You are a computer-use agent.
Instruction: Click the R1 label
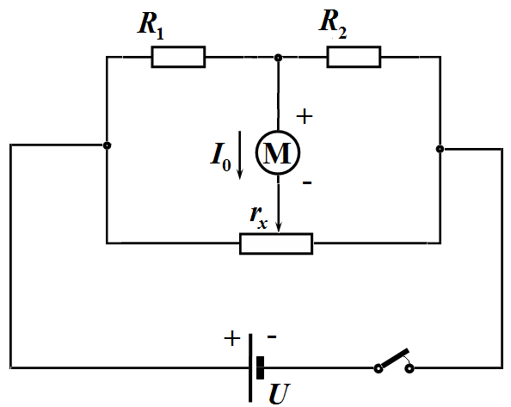pos(151,26)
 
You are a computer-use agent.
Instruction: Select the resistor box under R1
pos(178,57)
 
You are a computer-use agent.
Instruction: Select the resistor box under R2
pos(354,57)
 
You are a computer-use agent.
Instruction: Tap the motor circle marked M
pos(278,152)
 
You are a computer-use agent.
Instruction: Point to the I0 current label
pos(220,157)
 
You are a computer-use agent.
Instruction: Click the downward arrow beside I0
pos(240,155)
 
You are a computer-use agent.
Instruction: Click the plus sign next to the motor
pos(305,116)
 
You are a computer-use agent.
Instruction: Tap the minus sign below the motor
pos(307,182)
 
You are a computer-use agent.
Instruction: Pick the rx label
pos(259,217)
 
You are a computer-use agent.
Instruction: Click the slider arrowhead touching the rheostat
pos(279,227)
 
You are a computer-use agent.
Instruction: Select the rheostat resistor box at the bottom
pos(276,244)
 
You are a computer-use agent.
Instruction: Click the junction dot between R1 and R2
pos(278,58)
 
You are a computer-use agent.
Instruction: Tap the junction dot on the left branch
pos(107,145)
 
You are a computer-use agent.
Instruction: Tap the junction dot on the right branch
pos(440,149)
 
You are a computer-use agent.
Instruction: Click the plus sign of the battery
pos(232,338)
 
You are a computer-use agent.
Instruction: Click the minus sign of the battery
pos(272,336)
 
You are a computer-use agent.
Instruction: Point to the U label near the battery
pos(280,393)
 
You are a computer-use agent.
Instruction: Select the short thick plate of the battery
pos(260,368)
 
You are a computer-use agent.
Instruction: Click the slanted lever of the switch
pos(395,359)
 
